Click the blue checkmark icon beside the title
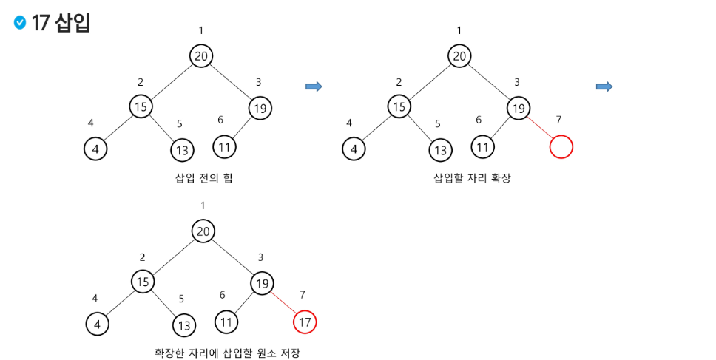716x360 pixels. pyautogui.click(x=20, y=23)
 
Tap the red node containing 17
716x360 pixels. pyautogui.click(x=305, y=322)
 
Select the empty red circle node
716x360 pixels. pyautogui.click(x=561, y=146)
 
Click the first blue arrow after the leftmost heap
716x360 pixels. pyautogui.click(x=314, y=87)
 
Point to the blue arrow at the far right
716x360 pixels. pyautogui.click(x=604, y=87)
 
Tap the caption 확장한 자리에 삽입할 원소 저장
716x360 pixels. pyautogui.click(x=227, y=353)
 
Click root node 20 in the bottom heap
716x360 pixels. pyautogui.click(x=203, y=231)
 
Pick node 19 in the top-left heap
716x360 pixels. pyautogui.click(x=260, y=108)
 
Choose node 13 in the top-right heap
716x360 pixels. pyautogui.click(x=440, y=150)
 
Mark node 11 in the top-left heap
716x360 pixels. pyautogui.click(x=224, y=146)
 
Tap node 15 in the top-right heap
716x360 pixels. pyautogui.click(x=399, y=106)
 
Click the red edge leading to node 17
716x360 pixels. pyautogui.click(x=283, y=302)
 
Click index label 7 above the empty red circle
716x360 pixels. pyautogui.click(x=558, y=120)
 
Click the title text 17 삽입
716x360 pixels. pyautogui.click(x=61, y=23)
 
